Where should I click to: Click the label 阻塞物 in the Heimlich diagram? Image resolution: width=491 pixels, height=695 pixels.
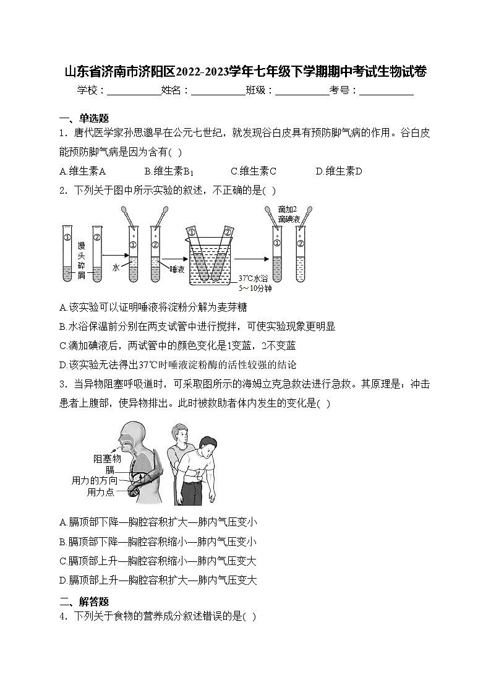pos(107,459)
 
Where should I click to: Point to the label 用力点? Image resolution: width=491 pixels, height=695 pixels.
pos(101,493)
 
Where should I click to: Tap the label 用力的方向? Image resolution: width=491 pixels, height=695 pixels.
pos(94,480)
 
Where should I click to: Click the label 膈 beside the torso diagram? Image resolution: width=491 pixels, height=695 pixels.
pos(109,470)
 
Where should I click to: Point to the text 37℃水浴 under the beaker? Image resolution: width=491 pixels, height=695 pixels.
pos(255,278)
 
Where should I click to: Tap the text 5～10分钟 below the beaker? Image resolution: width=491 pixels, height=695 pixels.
pos(255,288)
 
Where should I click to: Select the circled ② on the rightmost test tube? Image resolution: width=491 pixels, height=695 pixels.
pos(300,243)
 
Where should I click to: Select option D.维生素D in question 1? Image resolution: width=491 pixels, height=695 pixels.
pos(338,171)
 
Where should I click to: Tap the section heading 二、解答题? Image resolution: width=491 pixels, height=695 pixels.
pos(84,600)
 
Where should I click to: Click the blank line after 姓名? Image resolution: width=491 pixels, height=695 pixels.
pos(218,91)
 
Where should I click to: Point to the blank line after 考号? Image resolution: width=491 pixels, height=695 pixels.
pos(386,91)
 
